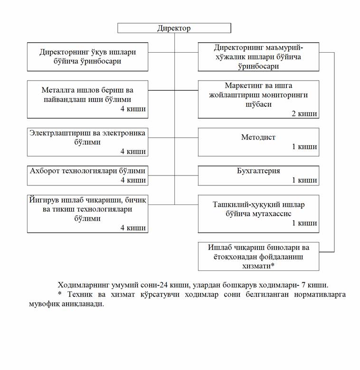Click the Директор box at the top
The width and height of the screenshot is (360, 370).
pyautogui.click(x=174, y=28)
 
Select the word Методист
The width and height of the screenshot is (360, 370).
pyautogui.click(x=258, y=138)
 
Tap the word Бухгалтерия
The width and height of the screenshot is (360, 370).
pyautogui.click(x=259, y=171)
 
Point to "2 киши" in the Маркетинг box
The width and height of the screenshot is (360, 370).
pyautogui.click(x=304, y=114)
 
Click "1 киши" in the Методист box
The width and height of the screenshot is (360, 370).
pyautogui.click(x=304, y=147)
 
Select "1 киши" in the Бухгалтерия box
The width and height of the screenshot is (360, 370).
pyautogui.click(x=304, y=180)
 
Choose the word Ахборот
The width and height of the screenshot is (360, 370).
pyautogui.click(x=43, y=171)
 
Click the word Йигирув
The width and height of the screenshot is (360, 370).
pyautogui.click(x=43, y=200)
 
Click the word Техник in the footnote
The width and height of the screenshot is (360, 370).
pyautogui.click(x=77, y=295)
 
